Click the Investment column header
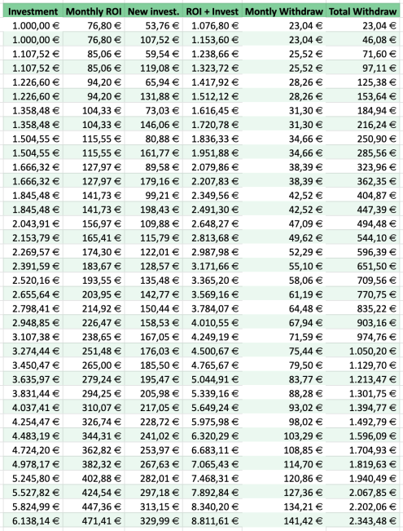33,11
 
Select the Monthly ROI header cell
94,11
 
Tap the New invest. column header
154,11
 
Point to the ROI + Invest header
212,11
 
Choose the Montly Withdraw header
284,11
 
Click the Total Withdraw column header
363,11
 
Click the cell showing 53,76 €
162,26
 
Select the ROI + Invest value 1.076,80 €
215,26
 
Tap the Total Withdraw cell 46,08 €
379,40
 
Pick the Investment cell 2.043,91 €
36,223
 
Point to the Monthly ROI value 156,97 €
102,223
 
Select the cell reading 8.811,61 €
215,521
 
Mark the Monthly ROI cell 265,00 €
102,365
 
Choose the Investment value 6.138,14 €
36,521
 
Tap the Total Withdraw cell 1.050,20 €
373,352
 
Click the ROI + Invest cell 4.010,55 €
215,323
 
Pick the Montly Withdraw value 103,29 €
303,436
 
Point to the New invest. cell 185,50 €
160,365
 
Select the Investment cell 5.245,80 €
36,479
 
